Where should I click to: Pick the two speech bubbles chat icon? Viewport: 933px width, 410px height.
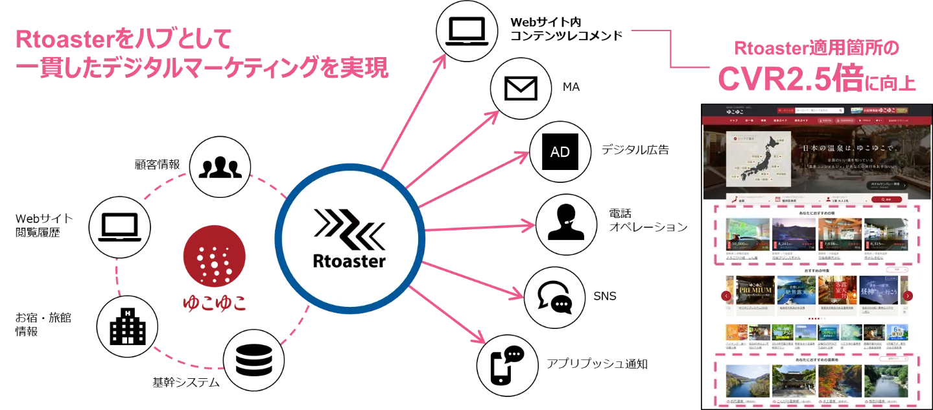(x=555, y=298)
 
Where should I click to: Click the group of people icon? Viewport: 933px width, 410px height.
(x=221, y=167)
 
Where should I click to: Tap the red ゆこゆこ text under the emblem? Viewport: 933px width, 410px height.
(x=215, y=303)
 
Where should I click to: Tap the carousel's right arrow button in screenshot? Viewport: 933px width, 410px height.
(x=908, y=296)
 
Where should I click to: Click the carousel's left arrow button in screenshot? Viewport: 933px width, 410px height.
(x=726, y=296)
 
